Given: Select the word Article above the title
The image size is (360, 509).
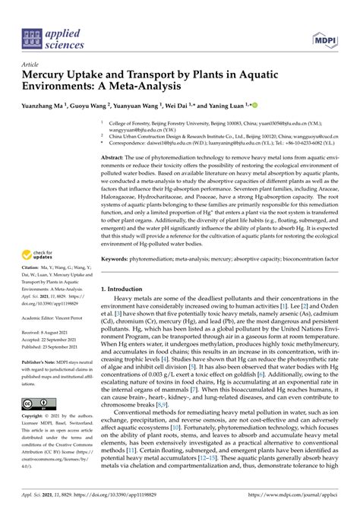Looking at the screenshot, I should tap(30, 65).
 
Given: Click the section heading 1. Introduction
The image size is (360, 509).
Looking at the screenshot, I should tap(125, 290).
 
